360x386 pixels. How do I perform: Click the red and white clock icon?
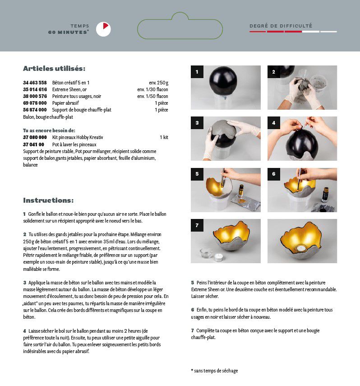coord(103,29)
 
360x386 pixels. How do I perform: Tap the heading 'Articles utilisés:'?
coord(54,69)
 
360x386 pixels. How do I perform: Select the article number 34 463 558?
coord(35,83)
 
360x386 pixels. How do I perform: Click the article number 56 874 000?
coord(35,110)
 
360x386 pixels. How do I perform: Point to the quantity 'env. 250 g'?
coord(158,83)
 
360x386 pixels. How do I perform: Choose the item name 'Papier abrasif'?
coord(65,103)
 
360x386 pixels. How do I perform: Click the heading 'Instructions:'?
coord(48,200)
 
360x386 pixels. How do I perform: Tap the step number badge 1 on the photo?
coord(197,72)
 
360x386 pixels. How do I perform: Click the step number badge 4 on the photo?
coord(274,123)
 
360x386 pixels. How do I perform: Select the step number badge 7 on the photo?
coord(197,225)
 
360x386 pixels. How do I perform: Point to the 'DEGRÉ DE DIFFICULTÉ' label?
coord(281,26)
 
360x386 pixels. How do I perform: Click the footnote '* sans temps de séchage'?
coord(214,371)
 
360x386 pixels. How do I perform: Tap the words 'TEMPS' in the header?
coord(80,26)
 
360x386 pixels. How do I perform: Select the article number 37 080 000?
coord(35,137)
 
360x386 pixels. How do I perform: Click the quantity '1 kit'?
coord(164,137)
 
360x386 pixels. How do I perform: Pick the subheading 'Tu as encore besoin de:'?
coord(49,130)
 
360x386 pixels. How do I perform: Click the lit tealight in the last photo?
coord(302,248)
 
